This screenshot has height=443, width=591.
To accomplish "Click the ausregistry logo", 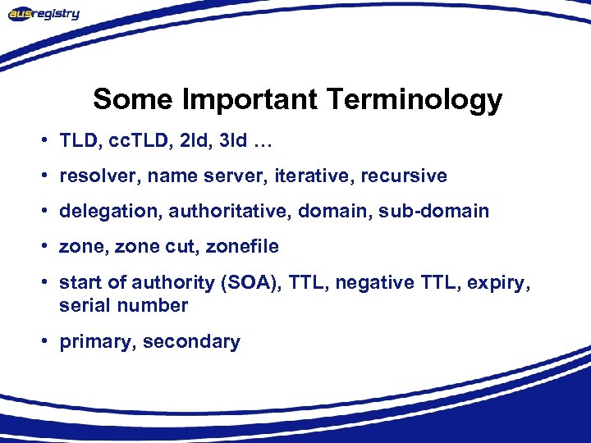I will [x=44, y=13].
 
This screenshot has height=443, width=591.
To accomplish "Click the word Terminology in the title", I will [x=414, y=99].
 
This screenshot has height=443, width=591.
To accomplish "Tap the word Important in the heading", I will [x=250, y=99].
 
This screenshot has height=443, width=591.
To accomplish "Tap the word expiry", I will [x=502, y=283].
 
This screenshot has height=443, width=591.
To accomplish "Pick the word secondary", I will [x=191, y=342].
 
